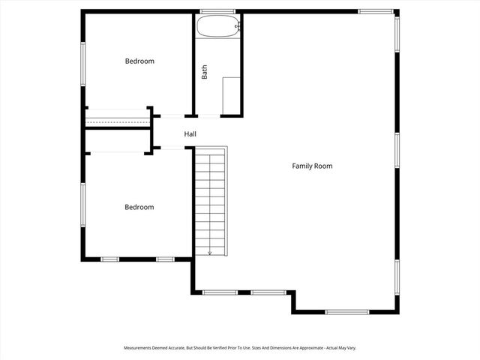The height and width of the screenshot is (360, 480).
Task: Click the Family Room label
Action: [x=312, y=166]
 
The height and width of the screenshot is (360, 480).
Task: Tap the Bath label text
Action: [x=204, y=72]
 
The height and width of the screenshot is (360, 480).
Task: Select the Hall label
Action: [x=190, y=134]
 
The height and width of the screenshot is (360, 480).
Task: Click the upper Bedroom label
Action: [x=139, y=61]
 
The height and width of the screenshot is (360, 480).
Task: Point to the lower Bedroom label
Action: [x=139, y=207]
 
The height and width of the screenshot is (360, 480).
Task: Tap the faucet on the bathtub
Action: [x=238, y=27]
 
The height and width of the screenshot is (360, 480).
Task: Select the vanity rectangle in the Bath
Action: [x=230, y=95]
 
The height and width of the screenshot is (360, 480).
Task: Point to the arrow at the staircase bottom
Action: [x=210, y=253]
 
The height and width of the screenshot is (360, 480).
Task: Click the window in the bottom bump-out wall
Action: [x=347, y=311]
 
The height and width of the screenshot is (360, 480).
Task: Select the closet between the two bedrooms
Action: [x=118, y=118]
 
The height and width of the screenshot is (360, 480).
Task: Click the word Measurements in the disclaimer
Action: [x=141, y=348]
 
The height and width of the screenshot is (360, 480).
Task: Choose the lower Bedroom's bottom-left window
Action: [x=110, y=259]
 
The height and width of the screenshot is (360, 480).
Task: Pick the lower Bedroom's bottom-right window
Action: [x=166, y=259]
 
